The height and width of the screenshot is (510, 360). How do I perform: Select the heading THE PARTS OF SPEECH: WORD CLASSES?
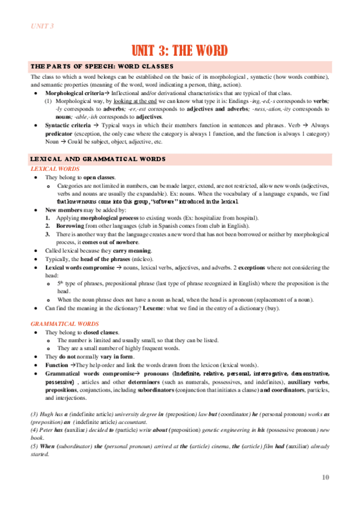coord(102,66)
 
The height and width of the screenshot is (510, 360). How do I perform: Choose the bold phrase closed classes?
coord(101,333)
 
